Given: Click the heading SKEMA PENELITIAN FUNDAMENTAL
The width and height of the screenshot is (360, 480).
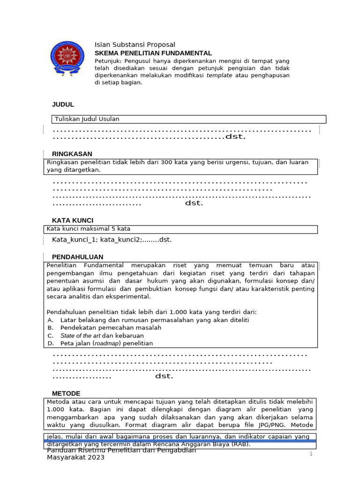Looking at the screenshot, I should click(153, 53).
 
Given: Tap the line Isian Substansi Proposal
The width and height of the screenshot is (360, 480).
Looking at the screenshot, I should click(135, 45).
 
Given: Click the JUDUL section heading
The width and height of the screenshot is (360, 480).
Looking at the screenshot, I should click(63, 104).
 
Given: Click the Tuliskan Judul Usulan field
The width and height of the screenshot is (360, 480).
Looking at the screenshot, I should click(87, 119).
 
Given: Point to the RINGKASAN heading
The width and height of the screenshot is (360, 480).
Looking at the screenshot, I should click(72, 154).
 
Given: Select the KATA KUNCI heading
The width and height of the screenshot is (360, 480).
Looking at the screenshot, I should click(73, 220).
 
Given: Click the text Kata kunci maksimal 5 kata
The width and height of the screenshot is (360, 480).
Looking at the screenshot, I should click(89, 229).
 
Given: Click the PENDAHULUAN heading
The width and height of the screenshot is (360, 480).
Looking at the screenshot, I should click(77, 257).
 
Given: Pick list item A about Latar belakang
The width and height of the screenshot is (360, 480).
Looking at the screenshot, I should click(155, 320).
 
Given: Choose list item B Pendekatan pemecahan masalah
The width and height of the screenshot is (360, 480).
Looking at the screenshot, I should click(111, 328).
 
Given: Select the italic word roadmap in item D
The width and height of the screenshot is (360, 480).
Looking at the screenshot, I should click(107, 343).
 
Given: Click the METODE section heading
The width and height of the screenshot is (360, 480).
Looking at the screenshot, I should click(66, 393).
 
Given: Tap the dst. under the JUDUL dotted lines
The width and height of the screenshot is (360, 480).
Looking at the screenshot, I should click(236, 137).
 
